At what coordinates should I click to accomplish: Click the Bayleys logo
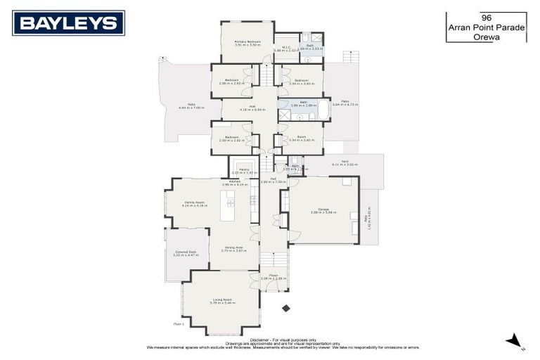[x=68, y=22]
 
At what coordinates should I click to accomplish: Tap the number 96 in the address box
[x=485, y=17]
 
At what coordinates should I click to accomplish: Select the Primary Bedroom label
[x=247, y=41]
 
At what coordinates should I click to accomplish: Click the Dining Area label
[x=234, y=247]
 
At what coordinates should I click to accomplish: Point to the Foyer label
[x=274, y=275]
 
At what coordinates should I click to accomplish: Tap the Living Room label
[x=222, y=300]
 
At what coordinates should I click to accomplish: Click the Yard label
[x=345, y=161]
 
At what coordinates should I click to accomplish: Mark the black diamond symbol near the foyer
[x=285, y=308]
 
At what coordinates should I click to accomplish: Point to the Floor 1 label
[x=179, y=324]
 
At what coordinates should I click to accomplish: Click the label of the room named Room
[x=301, y=137]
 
